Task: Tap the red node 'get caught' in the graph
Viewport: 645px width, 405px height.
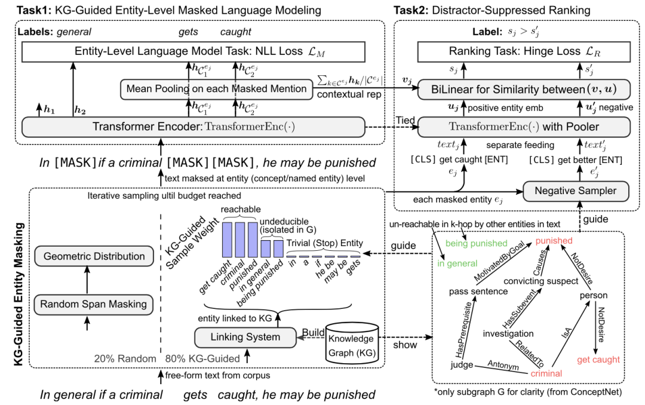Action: (598, 359)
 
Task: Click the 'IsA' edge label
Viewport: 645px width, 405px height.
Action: (568, 336)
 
